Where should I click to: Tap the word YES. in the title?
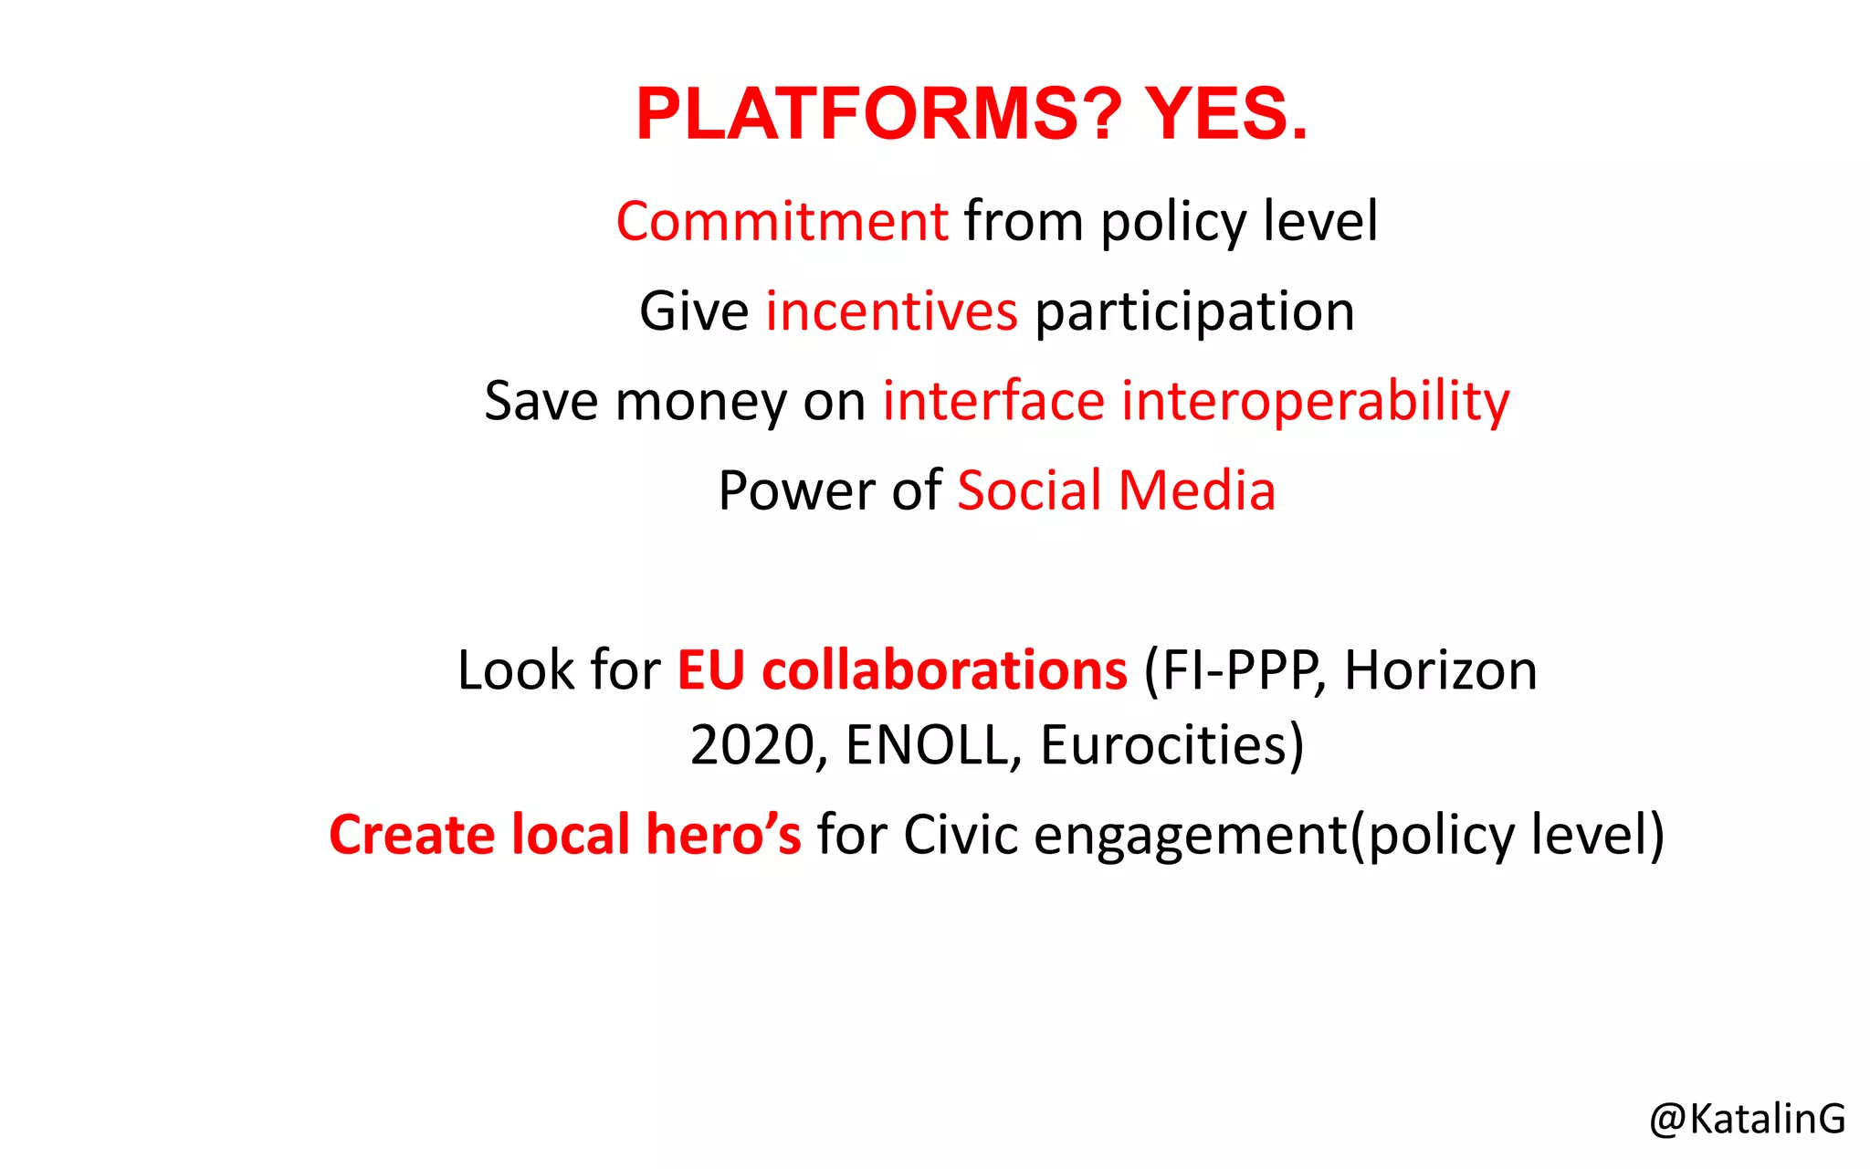click(x=1226, y=114)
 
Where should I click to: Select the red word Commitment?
click(x=783, y=222)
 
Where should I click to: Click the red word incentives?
click(x=891, y=311)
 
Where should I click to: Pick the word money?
click(x=700, y=402)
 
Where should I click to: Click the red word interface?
click(x=993, y=401)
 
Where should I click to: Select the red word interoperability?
click(x=1315, y=402)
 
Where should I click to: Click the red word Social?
click(x=1029, y=490)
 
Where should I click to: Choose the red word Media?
click(x=1197, y=490)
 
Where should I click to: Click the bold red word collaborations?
click(x=945, y=670)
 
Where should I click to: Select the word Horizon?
click(x=1441, y=670)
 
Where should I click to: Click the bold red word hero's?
click(x=723, y=835)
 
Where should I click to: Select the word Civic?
click(x=961, y=835)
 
